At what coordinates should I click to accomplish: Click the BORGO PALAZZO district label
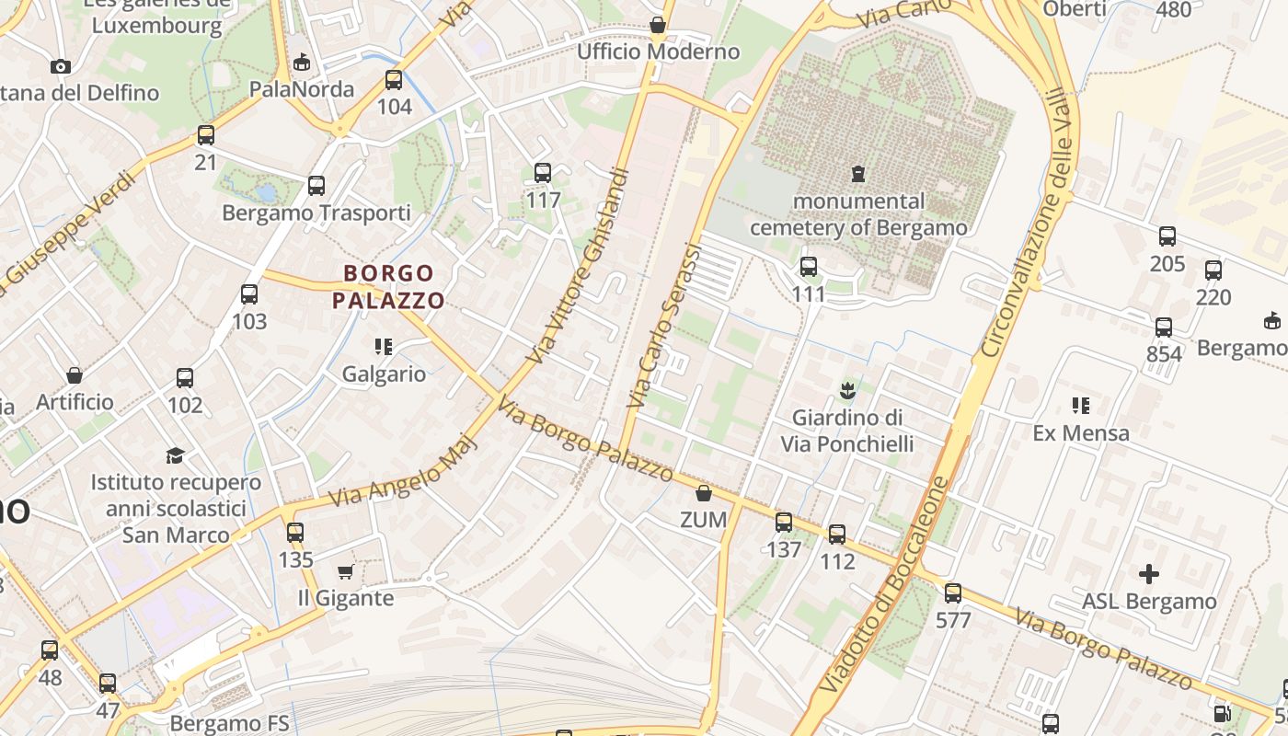tap(388, 286)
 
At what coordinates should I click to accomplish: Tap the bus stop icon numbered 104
tap(394, 80)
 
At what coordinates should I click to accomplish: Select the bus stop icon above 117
tap(543, 173)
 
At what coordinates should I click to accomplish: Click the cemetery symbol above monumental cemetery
tap(857, 173)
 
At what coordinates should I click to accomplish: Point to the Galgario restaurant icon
tap(384, 347)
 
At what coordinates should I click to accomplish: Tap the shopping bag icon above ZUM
tap(704, 494)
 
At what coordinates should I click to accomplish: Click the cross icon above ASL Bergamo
tap(1149, 574)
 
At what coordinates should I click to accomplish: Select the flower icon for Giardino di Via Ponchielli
tap(847, 390)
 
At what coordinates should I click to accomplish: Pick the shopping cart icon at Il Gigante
tap(346, 572)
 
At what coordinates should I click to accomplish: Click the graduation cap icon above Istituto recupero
tap(175, 455)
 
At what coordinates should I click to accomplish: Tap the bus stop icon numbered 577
tap(953, 593)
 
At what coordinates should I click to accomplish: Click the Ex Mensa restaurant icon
tap(1081, 405)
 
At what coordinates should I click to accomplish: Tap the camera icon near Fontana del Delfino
tap(61, 66)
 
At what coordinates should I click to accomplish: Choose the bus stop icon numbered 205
tap(1167, 236)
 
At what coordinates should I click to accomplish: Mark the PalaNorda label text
tap(302, 89)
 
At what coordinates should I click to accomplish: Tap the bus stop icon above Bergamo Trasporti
tap(316, 186)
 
